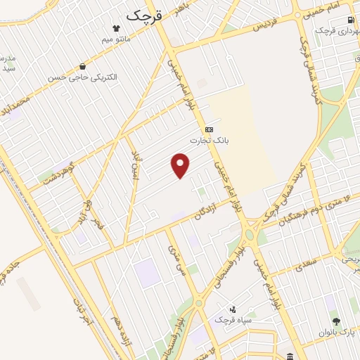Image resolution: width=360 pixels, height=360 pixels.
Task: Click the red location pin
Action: [181, 166]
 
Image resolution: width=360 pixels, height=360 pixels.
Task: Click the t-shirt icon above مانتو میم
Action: [117, 28]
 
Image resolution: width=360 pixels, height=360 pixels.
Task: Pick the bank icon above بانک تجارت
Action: [209, 129]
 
